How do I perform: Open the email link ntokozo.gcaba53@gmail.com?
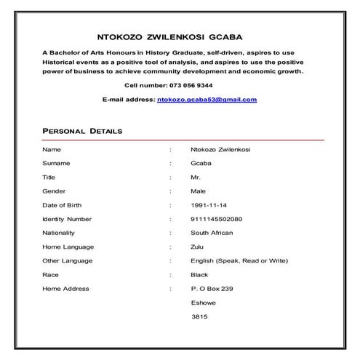pyautogui.click(x=207, y=99)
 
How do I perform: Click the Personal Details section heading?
pyautogui.click(x=82, y=131)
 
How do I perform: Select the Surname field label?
pyautogui.click(x=56, y=164)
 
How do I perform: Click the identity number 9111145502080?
pyautogui.click(x=216, y=219)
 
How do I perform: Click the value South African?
pyautogui.click(x=212, y=233)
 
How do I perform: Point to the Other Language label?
pyautogui.click(x=67, y=260)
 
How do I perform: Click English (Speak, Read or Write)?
pyautogui.click(x=239, y=260)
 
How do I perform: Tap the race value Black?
pyautogui.click(x=199, y=275)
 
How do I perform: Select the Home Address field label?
pyautogui.click(x=65, y=289)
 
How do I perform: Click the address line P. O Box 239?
pyautogui.click(x=212, y=289)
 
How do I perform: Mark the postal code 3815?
pyautogui.click(x=199, y=317)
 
